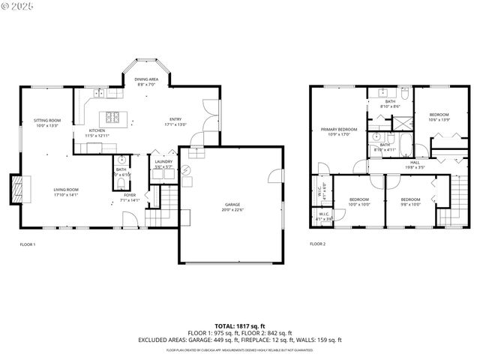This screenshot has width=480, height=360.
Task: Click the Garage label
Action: point(232,206)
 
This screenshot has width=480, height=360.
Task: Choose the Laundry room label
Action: point(163,163)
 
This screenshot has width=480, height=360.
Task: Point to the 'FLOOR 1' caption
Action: point(28,244)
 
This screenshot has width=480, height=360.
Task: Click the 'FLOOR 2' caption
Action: point(318,244)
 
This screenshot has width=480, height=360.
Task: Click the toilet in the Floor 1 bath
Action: point(121,160)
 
